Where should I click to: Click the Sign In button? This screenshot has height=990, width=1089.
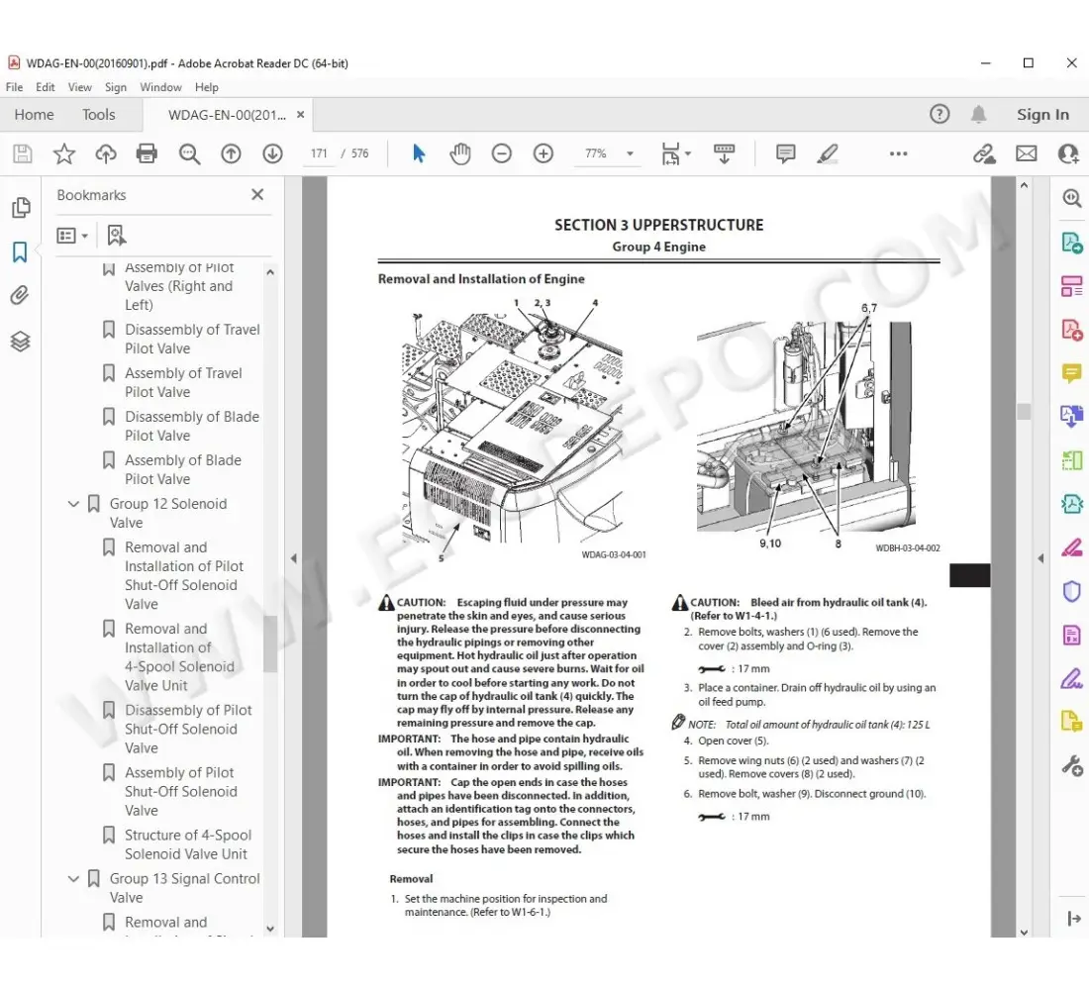tap(1042, 115)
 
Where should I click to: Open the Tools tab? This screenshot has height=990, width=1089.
tap(99, 115)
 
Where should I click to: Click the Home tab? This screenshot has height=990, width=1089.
tap(35, 115)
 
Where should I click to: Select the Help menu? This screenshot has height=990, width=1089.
tap(207, 87)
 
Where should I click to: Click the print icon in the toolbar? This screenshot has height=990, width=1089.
tap(147, 153)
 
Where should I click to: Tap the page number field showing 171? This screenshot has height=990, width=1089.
tap(319, 153)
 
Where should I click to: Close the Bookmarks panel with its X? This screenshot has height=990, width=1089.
tap(257, 195)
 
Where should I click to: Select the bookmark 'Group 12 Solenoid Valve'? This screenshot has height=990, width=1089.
tap(167, 513)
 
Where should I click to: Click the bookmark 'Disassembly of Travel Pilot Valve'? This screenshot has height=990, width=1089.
tap(192, 339)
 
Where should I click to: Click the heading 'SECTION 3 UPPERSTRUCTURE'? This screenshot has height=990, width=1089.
tap(658, 225)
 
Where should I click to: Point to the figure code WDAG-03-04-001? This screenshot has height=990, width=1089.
tap(613, 555)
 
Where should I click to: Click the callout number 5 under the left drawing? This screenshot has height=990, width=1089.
tap(441, 556)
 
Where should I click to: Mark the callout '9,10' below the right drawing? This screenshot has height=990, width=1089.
tap(770, 544)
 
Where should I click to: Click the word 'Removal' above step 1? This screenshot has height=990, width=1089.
tap(411, 879)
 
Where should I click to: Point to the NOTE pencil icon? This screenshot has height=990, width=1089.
tap(678, 723)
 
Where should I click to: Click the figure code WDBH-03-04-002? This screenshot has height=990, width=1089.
tap(907, 548)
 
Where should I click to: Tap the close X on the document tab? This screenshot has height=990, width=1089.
tap(300, 115)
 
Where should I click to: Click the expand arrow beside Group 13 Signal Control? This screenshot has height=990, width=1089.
tap(73, 879)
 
